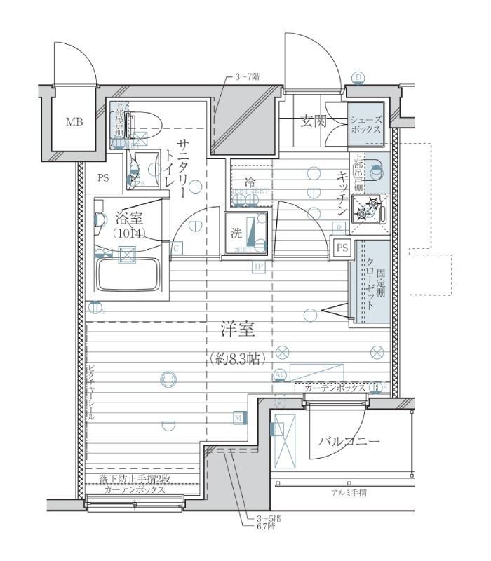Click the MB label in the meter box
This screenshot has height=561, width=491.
coord(74,122)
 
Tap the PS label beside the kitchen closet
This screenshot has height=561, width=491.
coord(342,248)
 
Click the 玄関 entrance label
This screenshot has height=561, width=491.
coord(314,121)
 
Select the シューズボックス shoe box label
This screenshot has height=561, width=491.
coord(366,125)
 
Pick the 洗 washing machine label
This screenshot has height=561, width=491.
coord(236,234)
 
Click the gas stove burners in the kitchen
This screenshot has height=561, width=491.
coord(368,209)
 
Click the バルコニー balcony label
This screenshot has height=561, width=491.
coord(349,441)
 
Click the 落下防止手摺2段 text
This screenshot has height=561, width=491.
coord(134,479)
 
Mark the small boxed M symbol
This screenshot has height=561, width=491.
coord(238,419)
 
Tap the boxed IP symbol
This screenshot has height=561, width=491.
coord(258,267)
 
